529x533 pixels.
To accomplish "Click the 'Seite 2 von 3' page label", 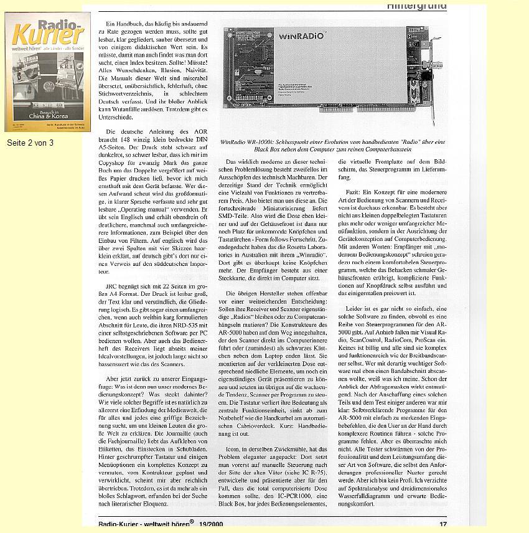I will pyautogui.click(x=30, y=143).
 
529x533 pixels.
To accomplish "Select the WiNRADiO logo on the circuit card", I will pyautogui.click(x=302, y=35).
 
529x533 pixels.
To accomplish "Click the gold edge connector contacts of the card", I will pyautogui.click(x=349, y=125).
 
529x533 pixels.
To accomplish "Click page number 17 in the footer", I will pyautogui.click(x=443, y=525).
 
